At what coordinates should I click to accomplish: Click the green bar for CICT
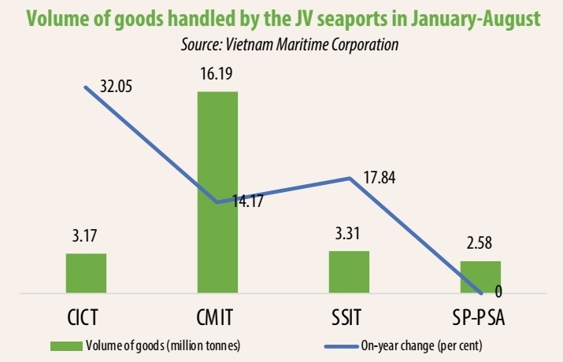86,273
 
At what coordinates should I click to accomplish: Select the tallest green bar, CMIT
217,193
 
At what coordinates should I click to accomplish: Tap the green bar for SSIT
348,272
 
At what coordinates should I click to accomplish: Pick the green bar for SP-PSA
480,277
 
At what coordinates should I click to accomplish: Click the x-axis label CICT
86,318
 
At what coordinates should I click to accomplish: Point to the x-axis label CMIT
217,318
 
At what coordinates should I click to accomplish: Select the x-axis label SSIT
348,318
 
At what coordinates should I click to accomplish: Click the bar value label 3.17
86,234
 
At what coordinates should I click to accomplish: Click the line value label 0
498,292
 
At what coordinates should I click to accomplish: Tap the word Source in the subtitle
203,46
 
